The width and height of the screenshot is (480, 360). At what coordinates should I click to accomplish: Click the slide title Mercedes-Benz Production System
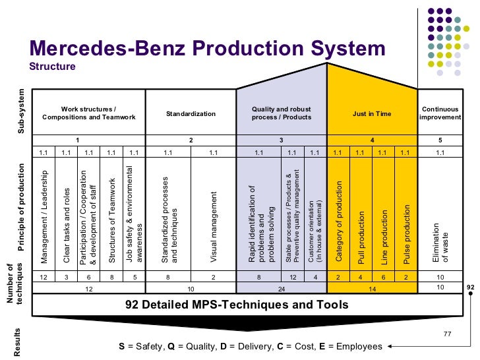pyautogui.click(x=207, y=49)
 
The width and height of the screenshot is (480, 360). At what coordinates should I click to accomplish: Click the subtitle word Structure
pyautogui.click(x=53, y=67)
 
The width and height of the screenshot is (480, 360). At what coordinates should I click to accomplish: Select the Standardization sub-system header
pyautogui.click(x=191, y=113)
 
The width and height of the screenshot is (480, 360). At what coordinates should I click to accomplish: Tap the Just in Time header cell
pyautogui.click(x=372, y=113)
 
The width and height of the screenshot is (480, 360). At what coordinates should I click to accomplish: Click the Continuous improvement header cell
pyautogui.click(x=440, y=113)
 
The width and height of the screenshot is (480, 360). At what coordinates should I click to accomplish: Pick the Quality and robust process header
pyautogui.click(x=282, y=113)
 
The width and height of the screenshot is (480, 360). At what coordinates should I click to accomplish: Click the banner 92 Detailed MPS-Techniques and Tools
pyautogui.click(x=237, y=305)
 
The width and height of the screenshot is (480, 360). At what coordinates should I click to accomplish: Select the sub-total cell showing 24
pyautogui.click(x=282, y=288)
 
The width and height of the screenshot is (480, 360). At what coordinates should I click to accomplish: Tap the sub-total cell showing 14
pyautogui.click(x=372, y=288)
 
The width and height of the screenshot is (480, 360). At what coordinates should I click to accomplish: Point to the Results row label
pyautogui.click(x=18, y=342)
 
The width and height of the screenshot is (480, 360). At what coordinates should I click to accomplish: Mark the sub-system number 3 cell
pyautogui.click(x=282, y=140)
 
